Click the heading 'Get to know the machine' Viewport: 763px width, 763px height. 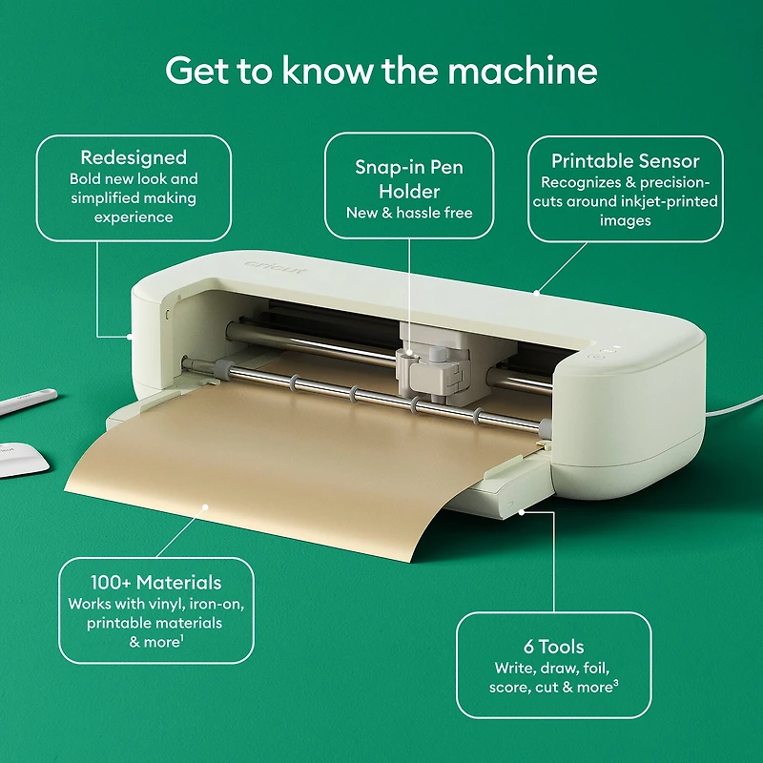tap(381, 70)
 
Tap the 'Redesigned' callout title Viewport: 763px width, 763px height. tap(134, 157)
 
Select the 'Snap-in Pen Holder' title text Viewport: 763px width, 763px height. tap(409, 178)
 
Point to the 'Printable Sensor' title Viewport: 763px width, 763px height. tap(626, 160)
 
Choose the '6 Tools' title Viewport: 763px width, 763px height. tap(553, 647)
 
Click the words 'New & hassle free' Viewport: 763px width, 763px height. tap(409, 212)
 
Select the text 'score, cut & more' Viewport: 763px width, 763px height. tap(549, 687)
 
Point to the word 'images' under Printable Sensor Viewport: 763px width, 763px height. tap(626, 220)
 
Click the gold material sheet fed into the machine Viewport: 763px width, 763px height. tap(286, 458)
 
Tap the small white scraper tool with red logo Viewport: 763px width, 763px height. tap(23, 453)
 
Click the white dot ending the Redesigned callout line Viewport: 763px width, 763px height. tap(130, 335)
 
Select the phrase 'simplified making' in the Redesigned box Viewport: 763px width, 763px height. tap(134, 197)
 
